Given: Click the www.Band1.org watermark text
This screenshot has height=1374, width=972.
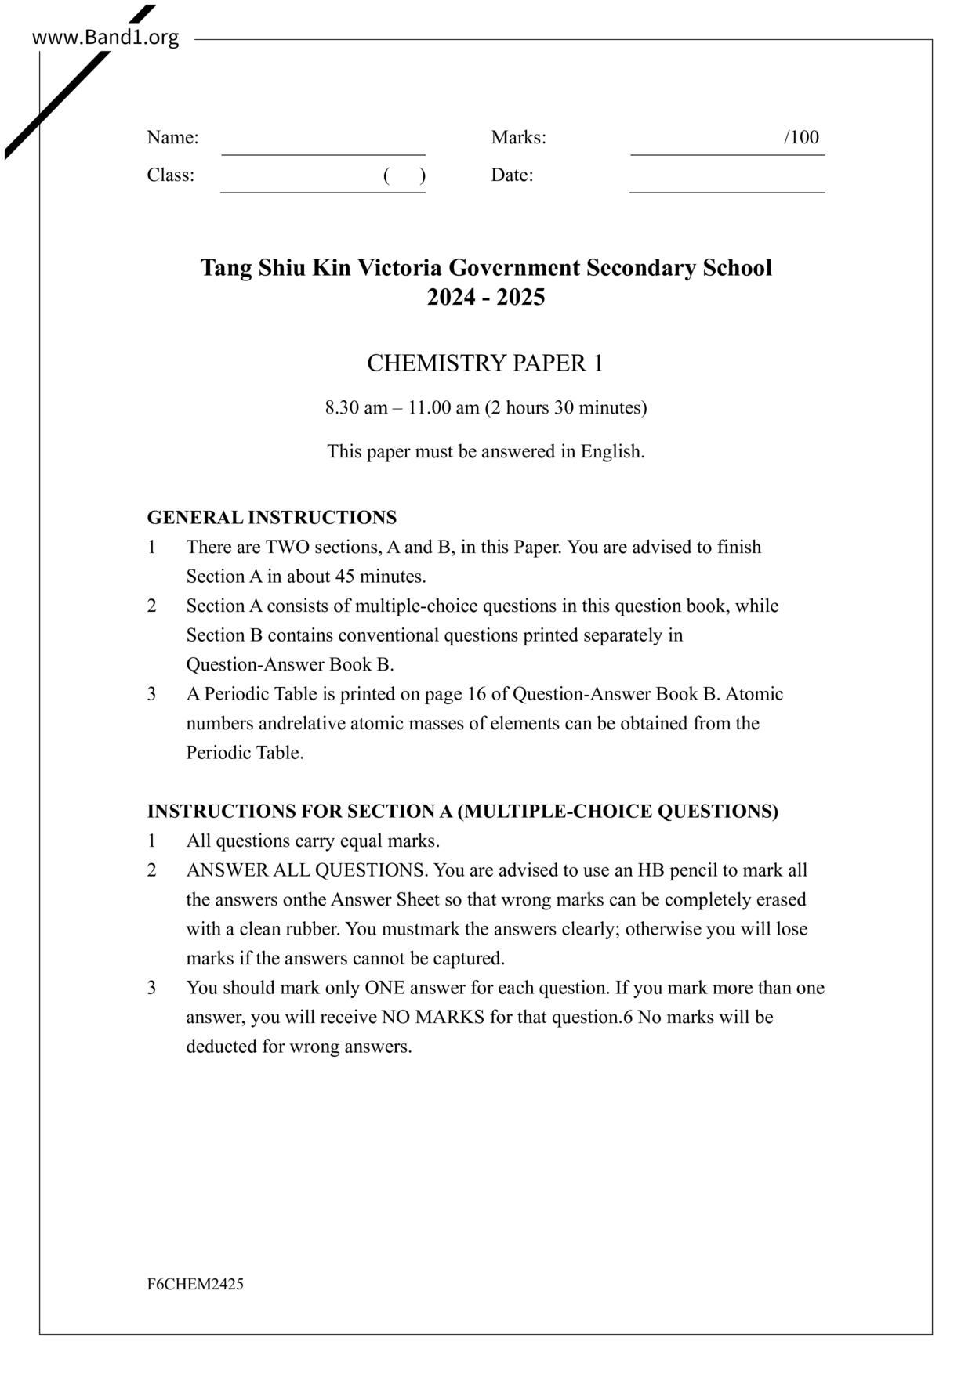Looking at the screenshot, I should [105, 37].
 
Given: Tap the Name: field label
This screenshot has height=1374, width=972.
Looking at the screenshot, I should [172, 138].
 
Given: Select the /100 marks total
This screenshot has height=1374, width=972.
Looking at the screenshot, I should [801, 138].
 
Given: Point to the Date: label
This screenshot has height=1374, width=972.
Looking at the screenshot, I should [512, 175].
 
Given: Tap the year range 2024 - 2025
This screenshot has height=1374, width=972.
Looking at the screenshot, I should [486, 298].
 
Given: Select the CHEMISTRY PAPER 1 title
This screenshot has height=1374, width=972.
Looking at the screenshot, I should [485, 363].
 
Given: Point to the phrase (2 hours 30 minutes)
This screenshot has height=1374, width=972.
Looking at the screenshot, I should [565, 408].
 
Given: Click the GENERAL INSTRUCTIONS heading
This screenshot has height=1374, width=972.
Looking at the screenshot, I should [271, 518].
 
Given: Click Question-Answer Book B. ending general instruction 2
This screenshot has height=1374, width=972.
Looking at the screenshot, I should [289, 664].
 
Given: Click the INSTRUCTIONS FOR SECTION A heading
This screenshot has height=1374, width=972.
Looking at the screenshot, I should [462, 812].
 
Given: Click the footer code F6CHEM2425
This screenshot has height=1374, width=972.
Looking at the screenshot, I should [194, 1284].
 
